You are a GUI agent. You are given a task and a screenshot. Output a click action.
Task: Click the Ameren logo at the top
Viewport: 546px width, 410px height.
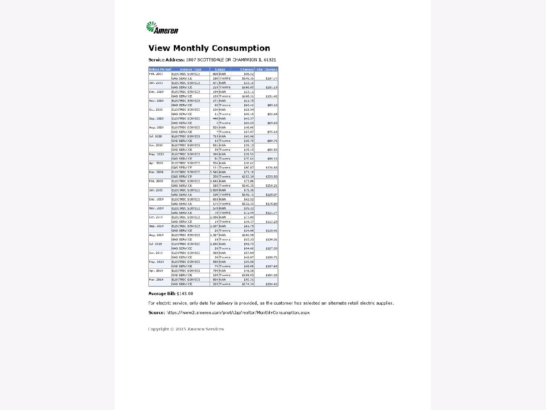pos(162,28)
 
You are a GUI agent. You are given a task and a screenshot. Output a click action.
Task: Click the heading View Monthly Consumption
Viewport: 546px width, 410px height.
pos(209,48)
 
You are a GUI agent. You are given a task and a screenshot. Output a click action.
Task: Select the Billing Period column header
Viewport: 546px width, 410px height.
pos(159,69)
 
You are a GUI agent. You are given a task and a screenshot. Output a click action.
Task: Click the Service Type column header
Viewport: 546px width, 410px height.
pos(190,69)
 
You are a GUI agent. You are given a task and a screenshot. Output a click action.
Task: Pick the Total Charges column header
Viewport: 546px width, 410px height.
pos(266,69)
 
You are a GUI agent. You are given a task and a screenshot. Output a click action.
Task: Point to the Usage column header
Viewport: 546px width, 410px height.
pos(220,69)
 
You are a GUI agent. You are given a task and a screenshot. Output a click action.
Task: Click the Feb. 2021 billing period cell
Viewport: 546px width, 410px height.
pos(156,74)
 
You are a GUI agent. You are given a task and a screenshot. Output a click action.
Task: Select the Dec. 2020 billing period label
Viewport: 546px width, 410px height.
pos(156,92)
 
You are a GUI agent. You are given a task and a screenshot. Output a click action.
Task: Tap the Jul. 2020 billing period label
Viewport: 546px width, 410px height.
pos(156,136)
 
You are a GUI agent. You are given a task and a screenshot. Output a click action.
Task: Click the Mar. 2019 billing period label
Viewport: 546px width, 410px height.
pos(156,279)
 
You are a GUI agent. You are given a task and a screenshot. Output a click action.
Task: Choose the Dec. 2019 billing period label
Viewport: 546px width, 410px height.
pos(156,199)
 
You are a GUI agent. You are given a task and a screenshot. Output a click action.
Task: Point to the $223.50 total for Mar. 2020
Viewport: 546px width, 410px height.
pos(272,177)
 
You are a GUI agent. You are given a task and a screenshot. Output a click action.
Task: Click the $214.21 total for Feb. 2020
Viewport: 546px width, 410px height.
pos(272,186)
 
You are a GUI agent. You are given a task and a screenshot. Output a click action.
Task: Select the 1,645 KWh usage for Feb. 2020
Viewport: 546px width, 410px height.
pos(214,181)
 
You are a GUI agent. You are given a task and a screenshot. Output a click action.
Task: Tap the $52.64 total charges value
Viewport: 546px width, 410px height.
pos(273,114)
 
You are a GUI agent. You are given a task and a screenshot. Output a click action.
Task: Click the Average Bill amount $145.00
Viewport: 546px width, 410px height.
pos(185,294)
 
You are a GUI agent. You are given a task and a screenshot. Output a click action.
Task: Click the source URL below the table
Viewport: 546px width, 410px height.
pos(238,313)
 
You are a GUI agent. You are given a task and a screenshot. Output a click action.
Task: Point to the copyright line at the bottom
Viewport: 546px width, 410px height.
pos(186,329)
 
